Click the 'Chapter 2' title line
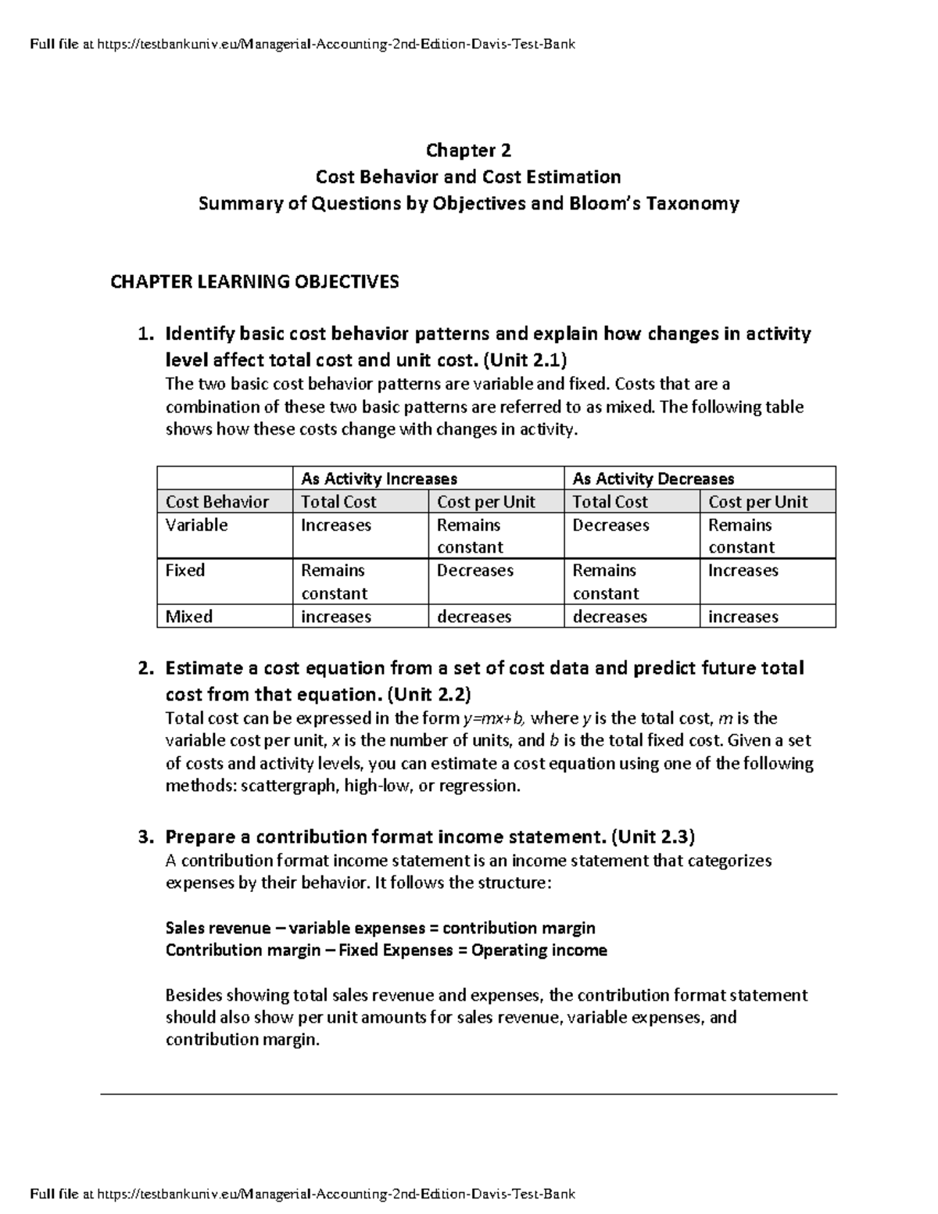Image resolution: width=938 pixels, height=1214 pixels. (468, 150)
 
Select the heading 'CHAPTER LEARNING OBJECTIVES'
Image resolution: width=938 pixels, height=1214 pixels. (254, 281)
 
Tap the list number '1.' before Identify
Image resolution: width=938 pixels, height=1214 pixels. (146, 335)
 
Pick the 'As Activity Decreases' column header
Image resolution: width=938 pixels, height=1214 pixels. (653, 478)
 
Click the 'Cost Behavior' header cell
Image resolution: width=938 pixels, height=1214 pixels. (217, 502)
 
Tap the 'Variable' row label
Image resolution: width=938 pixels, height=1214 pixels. (196, 525)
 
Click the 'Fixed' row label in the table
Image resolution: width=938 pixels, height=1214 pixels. (185, 571)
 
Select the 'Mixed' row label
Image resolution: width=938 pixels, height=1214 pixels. (188, 617)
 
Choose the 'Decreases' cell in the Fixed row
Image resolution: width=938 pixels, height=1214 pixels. (474, 571)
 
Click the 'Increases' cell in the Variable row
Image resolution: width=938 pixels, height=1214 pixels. (335, 525)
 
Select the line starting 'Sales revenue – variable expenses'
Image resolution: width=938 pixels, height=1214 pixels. (380, 928)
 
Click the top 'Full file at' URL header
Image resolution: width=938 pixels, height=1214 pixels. (302, 45)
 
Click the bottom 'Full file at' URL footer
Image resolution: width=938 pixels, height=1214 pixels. (302, 1194)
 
